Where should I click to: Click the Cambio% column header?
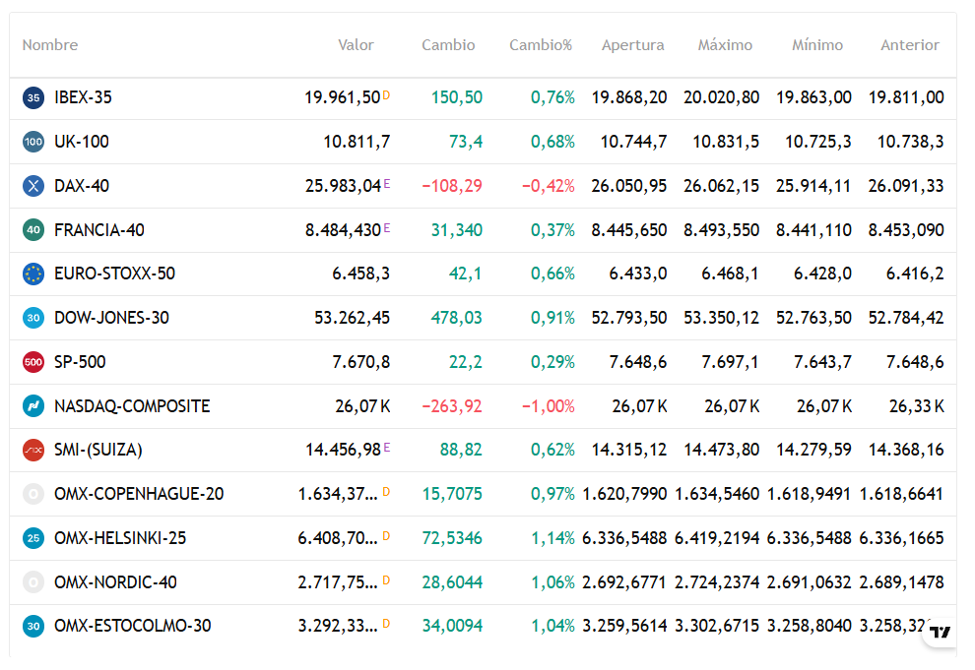(x=541, y=44)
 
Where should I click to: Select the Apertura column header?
(x=632, y=45)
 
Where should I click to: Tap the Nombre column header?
(x=50, y=44)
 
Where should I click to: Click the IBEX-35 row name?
(x=83, y=97)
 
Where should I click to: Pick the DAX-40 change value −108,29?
(x=452, y=186)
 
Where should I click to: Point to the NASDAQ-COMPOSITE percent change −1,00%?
(x=548, y=406)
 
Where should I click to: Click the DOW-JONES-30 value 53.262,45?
(x=352, y=318)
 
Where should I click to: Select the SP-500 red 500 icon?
(x=33, y=362)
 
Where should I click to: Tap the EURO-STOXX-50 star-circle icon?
(x=33, y=274)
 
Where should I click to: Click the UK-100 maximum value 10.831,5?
(x=726, y=142)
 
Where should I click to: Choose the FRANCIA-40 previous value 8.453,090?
(x=906, y=230)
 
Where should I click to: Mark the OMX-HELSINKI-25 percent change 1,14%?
(x=552, y=538)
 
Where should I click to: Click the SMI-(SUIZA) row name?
(x=98, y=450)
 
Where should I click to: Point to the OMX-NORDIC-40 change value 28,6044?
(x=452, y=582)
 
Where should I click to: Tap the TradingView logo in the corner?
(x=941, y=632)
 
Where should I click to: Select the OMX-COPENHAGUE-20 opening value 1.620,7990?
(x=624, y=494)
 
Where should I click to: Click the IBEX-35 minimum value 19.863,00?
(x=813, y=97)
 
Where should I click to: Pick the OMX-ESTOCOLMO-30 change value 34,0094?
(x=452, y=626)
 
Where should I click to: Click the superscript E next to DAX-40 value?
(x=387, y=184)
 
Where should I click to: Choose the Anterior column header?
(x=910, y=44)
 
